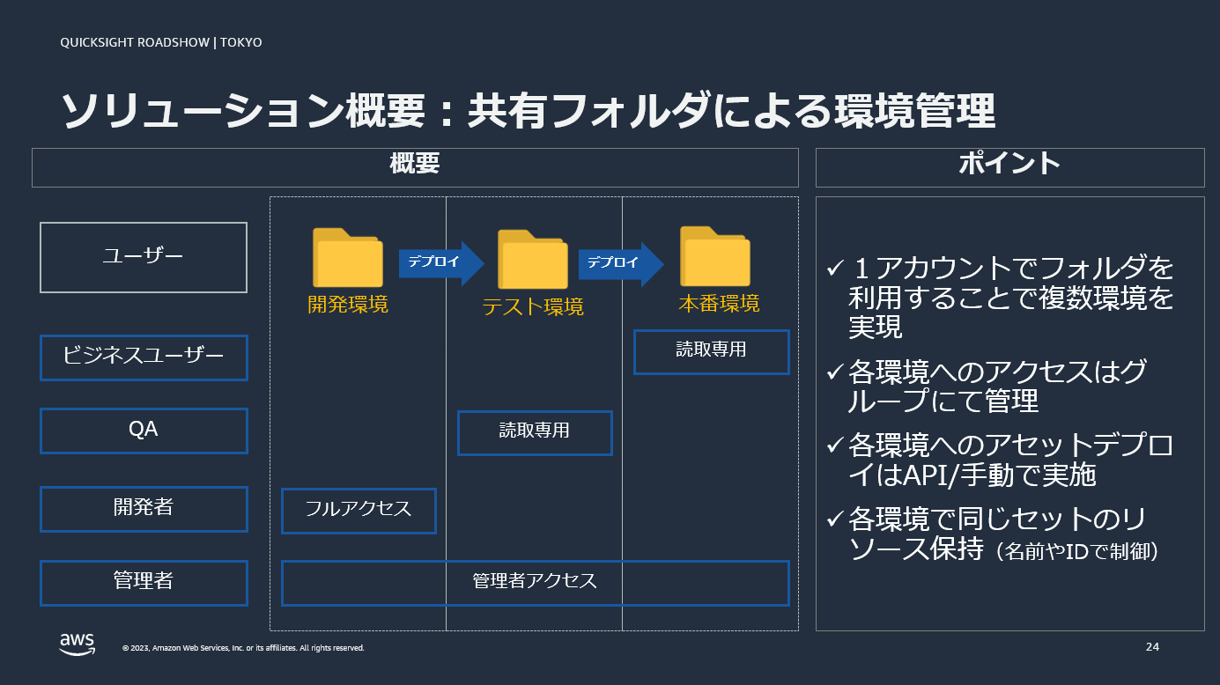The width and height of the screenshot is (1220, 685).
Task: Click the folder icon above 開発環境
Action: click(347, 258)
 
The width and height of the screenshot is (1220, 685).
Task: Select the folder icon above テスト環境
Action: click(532, 260)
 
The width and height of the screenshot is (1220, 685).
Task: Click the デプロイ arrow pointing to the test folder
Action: click(441, 262)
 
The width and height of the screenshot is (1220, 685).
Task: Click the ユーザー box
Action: click(144, 257)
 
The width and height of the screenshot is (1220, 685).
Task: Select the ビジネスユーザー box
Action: click(144, 357)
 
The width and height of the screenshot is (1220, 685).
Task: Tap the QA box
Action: click(144, 431)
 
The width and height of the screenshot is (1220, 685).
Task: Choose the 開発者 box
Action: click(144, 508)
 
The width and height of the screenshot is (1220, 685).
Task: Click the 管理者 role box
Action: click(144, 582)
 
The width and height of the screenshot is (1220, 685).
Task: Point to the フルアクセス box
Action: click(359, 511)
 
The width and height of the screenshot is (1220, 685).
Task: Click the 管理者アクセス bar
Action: click(535, 582)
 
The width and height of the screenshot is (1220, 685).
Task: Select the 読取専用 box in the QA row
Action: click(535, 431)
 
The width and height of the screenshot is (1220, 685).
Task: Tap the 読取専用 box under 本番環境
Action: click(711, 351)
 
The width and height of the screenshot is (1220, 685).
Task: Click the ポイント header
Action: click(1009, 166)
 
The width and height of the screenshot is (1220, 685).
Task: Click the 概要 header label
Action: click(415, 166)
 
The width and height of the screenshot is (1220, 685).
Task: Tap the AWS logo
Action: click(78, 644)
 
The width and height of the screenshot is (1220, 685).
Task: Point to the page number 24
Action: click(1152, 647)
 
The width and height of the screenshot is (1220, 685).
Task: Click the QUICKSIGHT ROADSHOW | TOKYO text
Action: click(161, 42)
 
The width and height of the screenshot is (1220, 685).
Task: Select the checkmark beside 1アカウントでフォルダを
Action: click(834, 268)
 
